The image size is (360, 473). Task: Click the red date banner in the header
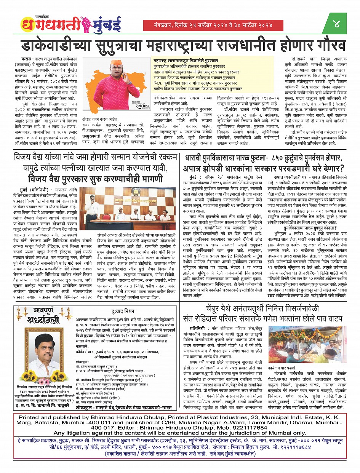[208, 25]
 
